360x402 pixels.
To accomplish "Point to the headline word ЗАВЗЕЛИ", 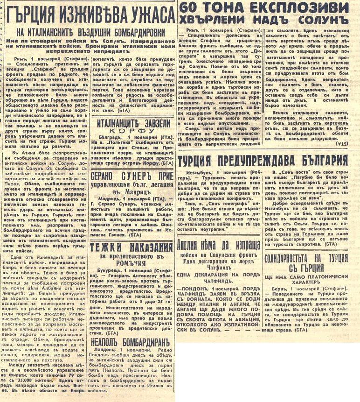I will [152, 123].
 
